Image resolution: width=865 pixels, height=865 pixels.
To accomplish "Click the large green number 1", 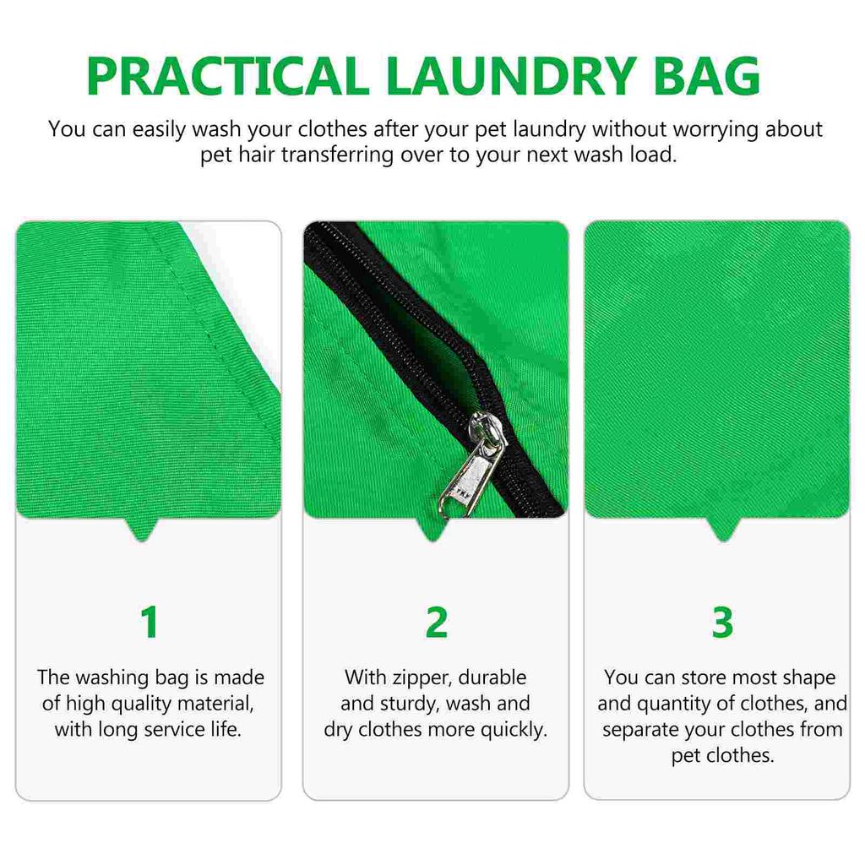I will coord(150,623).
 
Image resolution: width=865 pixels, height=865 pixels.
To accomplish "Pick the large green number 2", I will coord(436,623).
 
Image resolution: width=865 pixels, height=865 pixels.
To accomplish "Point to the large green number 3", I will coord(722,623).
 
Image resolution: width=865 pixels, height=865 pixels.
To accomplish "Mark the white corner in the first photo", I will coord(245,245).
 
